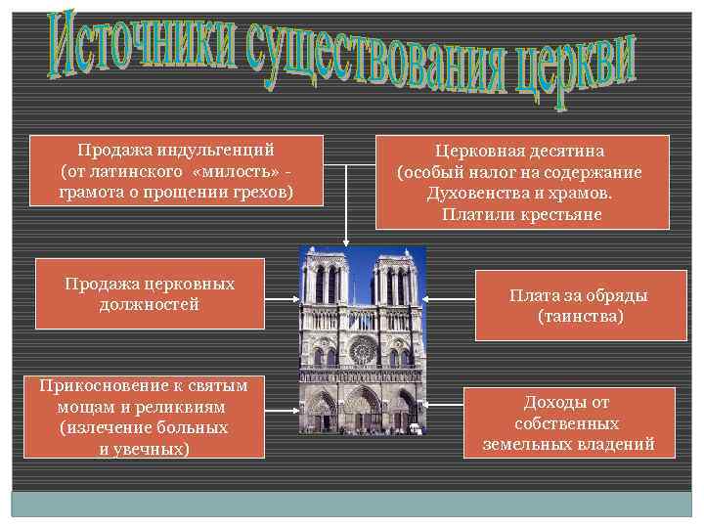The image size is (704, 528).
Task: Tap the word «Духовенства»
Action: pyautogui.click(x=470, y=193)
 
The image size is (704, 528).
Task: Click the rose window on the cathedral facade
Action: pyautogui.click(x=363, y=349)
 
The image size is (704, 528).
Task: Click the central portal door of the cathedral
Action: pyautogui.click(x=363, y=415)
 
